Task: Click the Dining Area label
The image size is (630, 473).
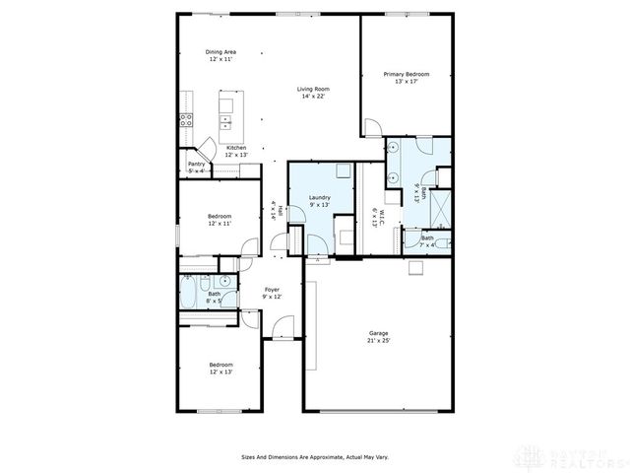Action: pyautogui.click(x=220, y=52)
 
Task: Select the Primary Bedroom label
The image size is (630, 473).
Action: pyautogui.click(x=406, y=74)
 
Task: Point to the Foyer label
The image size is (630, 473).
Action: pyautogui.click(x=272, y=290)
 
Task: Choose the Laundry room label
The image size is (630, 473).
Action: pyautogui.click(x=319, y=197)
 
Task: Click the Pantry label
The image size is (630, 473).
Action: pyautogui.click(x=197, y=165)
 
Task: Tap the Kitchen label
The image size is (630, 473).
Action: pyautogui.click(x=236, y=148)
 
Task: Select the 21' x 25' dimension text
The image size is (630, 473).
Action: pyautogui.click(x=379, y=341)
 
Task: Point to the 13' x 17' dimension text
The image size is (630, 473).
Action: pyautogui.click(x=406, y=82)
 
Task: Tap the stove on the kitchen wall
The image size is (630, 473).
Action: pyautogui.click(x=184, y=122)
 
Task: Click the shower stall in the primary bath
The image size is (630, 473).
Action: pyautogui.click(x=442, y=208)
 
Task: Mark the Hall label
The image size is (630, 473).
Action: pyautogui.click(x=281, y=210)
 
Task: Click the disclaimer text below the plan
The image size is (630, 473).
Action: pyautogui.click(x=314, y=456)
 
